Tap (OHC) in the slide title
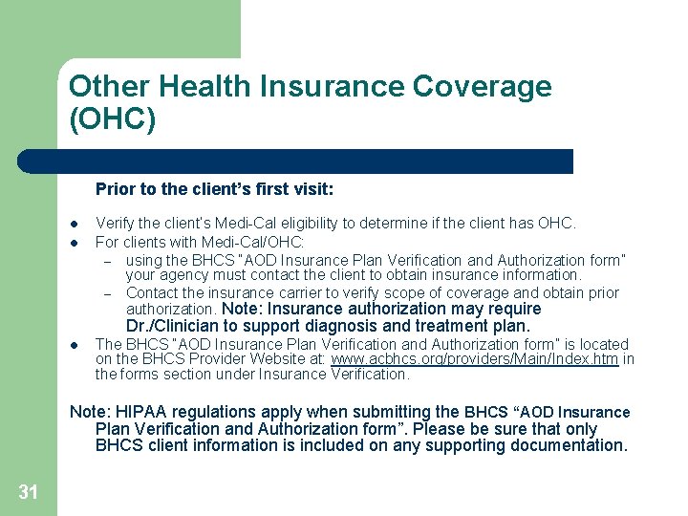[x=112, y=120]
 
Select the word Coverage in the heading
[x=482, y=87]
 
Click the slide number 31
[x=28, y=492]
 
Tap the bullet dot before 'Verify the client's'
[x=74, y=224]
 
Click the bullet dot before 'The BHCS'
[x=74, y=344]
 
